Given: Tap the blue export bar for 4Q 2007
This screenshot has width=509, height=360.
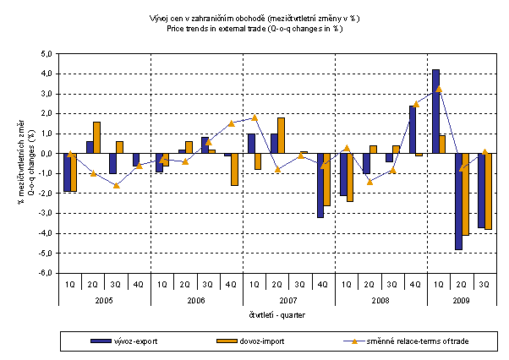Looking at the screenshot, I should pyautogui.click(x=320, y=185).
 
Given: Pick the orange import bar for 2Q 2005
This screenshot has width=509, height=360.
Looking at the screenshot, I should pyautogui.click(x=96, y=138).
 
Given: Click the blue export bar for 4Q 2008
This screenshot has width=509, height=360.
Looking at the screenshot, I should pyautogui.click(x=413, y=129).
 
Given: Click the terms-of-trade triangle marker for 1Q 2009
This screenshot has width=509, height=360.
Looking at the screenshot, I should pyautogui.click(x=439, y=89).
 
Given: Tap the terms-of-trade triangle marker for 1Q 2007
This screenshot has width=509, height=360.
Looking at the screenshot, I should pyautogui.click(x=254, y=117).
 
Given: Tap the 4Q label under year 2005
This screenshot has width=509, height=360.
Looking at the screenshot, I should pyautogui.click(x=138, y=285).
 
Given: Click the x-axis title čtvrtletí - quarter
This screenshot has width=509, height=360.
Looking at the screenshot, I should pyautogui.click(x=277, y=314).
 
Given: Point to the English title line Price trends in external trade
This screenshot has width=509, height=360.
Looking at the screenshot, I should pyautogui.click(x=254, y=28).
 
